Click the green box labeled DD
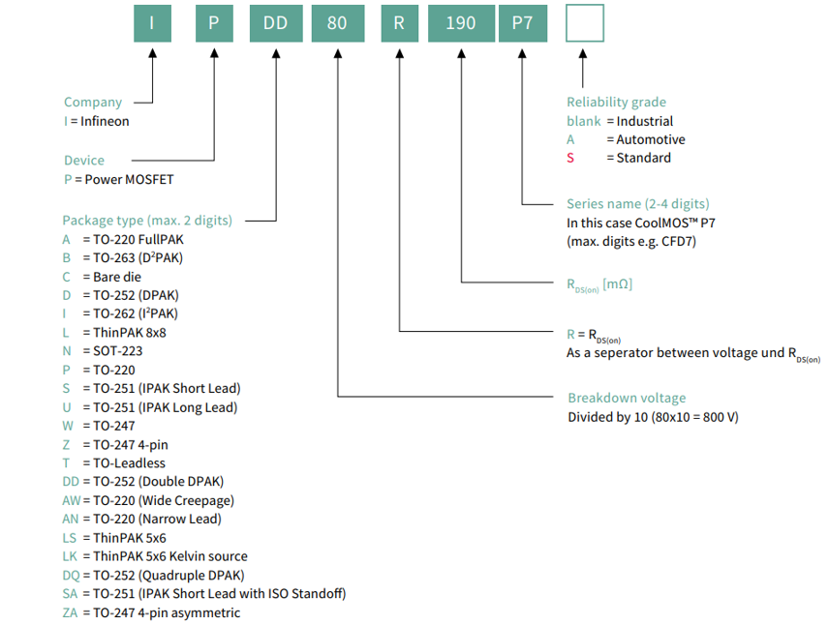point(276,23)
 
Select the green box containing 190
point(461,23)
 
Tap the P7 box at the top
point(523,23)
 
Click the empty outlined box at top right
point(584,23)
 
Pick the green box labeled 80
point(337,23)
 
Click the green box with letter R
point(399,23)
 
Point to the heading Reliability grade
point(616,102)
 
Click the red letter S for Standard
point(570,158)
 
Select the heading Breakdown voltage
point(626,398)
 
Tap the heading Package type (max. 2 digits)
point(147,220)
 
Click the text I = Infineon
point(96,121)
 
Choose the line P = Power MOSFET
point(118,179)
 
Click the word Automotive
point(651,139)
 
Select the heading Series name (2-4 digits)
point(637,204)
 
